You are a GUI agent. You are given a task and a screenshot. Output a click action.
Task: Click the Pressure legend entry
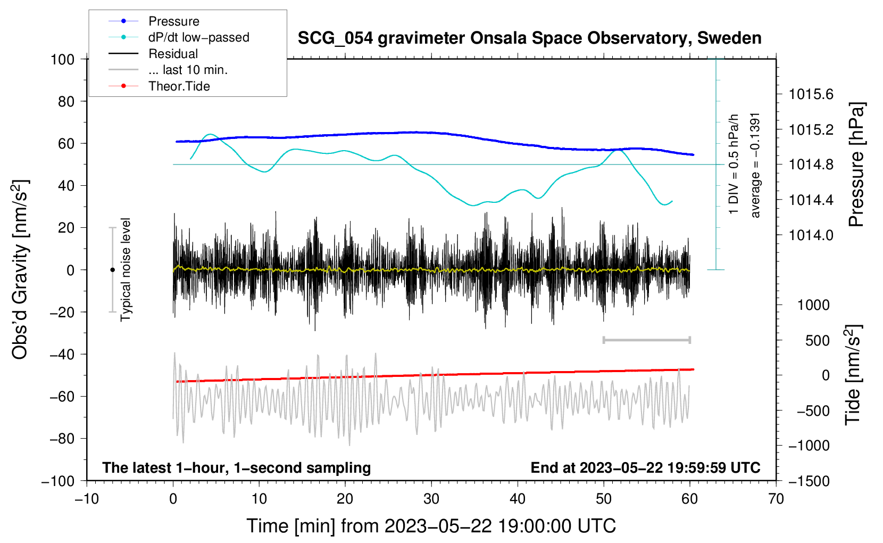pos(154,21)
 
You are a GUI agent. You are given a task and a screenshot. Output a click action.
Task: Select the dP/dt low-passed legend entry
pos(179,37)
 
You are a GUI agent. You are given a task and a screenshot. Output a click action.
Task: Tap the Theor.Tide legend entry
pos(159,86)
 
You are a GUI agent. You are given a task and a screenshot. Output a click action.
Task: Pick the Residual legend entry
pos(153,54)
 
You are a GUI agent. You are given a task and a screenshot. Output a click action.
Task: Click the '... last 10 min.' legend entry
pos(168,70)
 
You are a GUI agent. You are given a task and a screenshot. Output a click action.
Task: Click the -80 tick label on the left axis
pos(62,439)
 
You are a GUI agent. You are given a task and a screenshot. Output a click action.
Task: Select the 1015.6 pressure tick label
pos(811,94)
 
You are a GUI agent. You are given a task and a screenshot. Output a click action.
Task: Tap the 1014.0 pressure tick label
pos(811,235)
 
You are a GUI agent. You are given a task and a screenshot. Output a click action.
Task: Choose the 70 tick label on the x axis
pos(776,499)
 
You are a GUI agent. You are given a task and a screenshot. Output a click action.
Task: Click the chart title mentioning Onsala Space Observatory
pos(529,38)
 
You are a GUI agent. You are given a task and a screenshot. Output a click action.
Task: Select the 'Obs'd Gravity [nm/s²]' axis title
pos(20,269)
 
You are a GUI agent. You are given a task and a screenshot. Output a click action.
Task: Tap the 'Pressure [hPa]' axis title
pos(856,164)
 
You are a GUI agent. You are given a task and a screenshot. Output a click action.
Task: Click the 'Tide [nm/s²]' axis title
pos(853,375)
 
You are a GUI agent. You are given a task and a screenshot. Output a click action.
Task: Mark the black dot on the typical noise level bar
pos(112,270)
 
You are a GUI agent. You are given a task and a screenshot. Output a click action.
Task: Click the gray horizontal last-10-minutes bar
pos(646,340)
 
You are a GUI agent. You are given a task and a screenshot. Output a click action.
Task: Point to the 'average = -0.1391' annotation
pos(755,165)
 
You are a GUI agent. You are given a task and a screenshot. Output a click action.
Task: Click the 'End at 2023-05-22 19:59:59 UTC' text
pos(645,467)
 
